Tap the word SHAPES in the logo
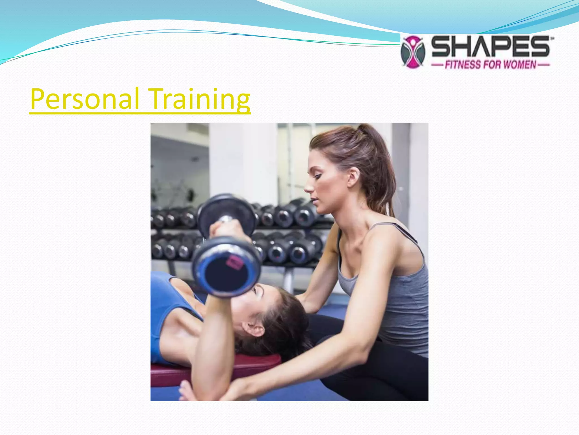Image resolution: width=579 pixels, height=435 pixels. [x=491, y=47]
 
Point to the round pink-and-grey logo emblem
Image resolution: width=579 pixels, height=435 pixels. [x=413, y=52]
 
